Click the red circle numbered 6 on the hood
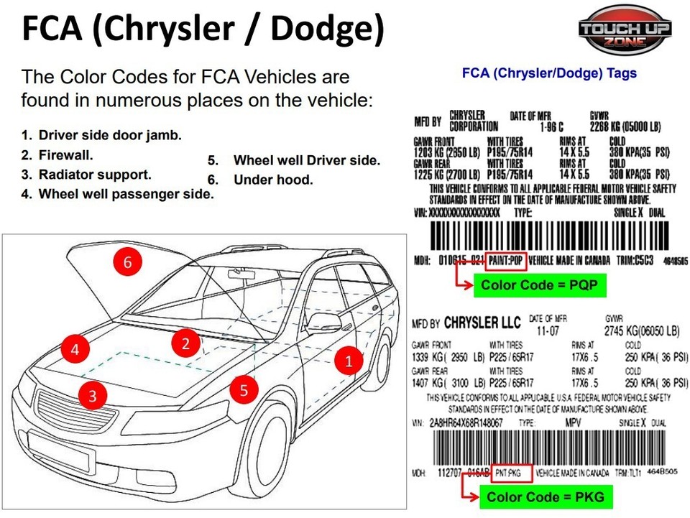coord(127,262)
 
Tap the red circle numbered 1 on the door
coord(349,361)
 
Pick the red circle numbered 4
coord(75,350)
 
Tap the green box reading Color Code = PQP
coord(539,285)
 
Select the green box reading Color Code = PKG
coord(546,496)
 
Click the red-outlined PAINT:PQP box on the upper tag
coord(507,260)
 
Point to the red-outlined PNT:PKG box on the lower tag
coord(512,473)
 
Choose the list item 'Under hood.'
coord(273,180)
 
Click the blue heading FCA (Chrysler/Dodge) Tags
coord(548,73)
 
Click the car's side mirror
coord(323,323)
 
